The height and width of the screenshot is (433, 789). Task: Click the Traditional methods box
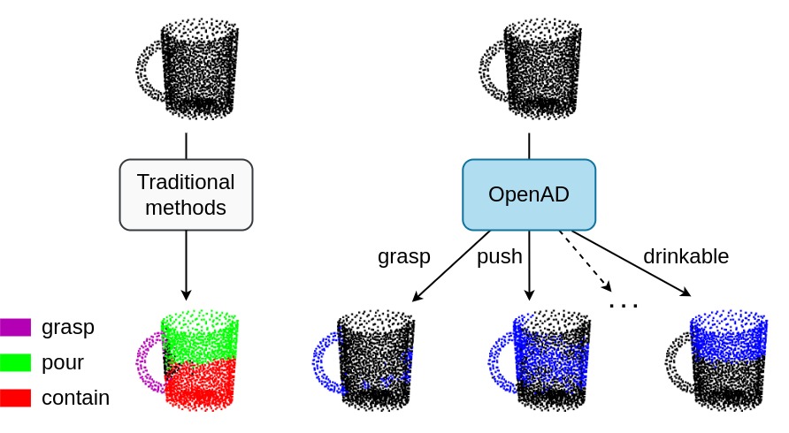(186, 194)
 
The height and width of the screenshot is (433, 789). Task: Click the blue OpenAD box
(529, 194)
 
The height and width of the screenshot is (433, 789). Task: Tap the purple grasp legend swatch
(16, 327)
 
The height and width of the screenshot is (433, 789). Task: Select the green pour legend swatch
(16, 362)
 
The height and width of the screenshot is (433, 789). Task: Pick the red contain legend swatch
(16, 398)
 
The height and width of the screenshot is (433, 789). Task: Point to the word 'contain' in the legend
(75, 398)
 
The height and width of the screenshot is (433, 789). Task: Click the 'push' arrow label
(499, 257)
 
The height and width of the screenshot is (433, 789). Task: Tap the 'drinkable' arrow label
(686, 256)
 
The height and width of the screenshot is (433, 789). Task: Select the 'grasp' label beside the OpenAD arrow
(403, 257)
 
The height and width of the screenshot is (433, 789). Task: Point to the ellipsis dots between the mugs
(624, 306)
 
